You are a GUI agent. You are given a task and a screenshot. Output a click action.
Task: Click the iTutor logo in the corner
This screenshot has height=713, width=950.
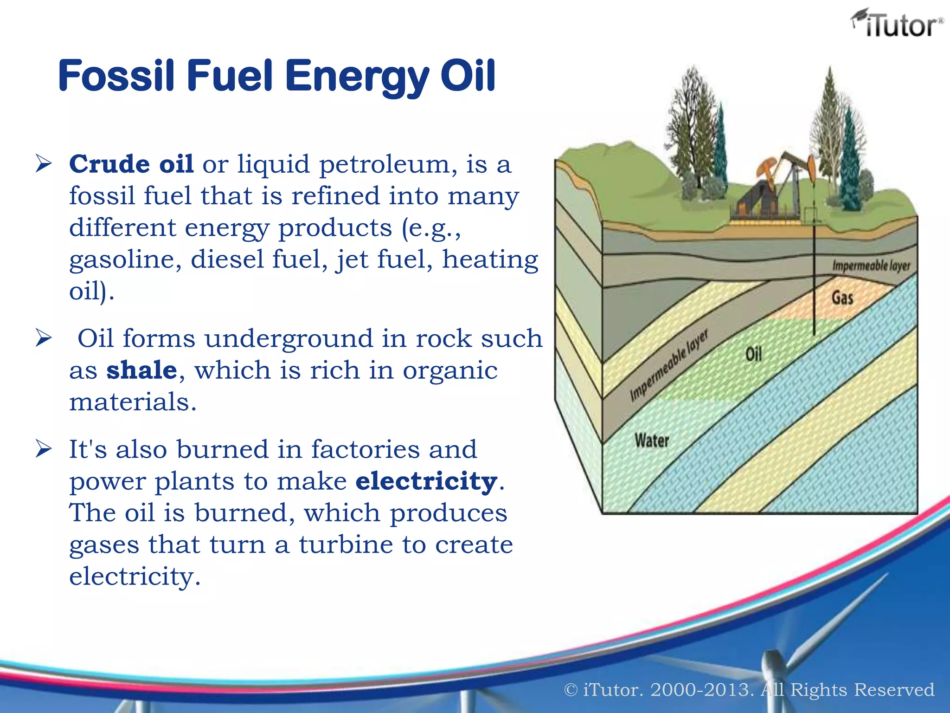click(896, 24)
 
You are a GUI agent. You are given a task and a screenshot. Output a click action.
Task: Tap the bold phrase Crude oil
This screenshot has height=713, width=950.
click(131, 164)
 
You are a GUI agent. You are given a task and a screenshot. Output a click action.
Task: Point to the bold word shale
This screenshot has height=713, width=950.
click(142, 370)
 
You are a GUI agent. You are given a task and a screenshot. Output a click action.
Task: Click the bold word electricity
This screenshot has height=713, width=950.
click(426, 481)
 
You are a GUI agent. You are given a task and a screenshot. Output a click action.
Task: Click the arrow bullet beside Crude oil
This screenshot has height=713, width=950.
click(43, 164)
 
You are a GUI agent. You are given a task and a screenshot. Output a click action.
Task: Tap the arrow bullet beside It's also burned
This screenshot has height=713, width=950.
click(43, 449)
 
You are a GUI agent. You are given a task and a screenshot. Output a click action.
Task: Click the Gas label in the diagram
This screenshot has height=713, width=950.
click(842, 298)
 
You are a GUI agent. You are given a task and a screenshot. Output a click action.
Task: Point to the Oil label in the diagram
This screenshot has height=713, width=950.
click(753, 355)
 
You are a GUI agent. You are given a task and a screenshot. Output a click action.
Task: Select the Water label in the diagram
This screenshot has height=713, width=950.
click(652, 440)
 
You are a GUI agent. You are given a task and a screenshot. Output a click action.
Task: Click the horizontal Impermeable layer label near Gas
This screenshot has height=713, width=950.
click(871, 266)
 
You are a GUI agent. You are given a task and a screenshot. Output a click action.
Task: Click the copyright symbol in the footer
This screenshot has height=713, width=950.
click(571, 690)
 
